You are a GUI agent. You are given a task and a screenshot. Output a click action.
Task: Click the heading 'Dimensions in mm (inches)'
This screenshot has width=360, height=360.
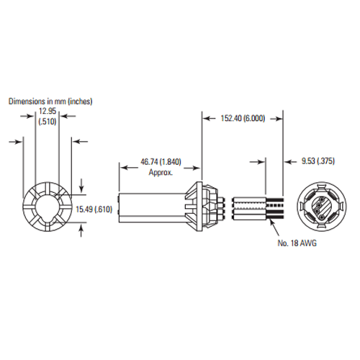pyautogui.click(x=50, y=102)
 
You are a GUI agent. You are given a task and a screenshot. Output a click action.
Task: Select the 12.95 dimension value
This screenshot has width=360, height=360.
pyautogui.click(x=48, y=111)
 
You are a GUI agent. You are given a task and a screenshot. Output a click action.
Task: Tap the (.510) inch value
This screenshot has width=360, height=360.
pyautogui.click(x=48, y=122)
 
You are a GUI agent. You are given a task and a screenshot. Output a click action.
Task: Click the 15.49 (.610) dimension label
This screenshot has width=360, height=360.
pyautogui.click(x=94, y=210)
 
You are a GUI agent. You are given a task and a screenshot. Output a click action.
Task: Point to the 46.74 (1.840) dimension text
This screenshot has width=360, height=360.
pyautogui.click(x=161, y=162)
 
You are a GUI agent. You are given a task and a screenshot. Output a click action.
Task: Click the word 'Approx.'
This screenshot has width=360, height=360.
pyautogui.click(x=161, y=172)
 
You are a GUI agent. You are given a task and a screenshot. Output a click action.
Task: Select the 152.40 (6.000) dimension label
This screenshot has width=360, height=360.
pyautogui.click(x=243, y=118)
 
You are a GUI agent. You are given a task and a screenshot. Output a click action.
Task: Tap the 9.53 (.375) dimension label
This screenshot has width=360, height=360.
pyautogui.click(x=318, y=161)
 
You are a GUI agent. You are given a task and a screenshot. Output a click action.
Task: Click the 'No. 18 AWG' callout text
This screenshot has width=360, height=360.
pyautogui.click(x=297, y=243)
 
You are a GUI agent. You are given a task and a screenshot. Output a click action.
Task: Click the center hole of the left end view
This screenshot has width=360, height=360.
pyautogui.click(x=48, y=208)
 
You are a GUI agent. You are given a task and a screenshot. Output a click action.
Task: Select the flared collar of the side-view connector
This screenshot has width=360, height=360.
pyautogui.click(x=201, y=207)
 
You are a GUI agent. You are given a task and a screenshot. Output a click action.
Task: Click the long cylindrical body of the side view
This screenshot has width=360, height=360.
pyautogui.click(x=153, y=208)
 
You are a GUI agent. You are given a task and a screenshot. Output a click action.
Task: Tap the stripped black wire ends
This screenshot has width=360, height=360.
pyautogui.click(x=275, y=208)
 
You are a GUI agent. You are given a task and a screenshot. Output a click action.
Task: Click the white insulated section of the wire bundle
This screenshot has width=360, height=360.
pyautogui.click(x=249, y=208)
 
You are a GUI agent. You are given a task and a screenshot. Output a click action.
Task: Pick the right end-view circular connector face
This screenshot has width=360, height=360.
pyautogui.click(x=322, y=208)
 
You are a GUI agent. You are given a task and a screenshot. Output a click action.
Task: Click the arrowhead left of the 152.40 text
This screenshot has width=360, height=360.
pyautogui.click(x=207, y=118)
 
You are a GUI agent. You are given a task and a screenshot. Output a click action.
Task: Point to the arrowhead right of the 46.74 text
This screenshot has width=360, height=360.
pyautogui.click(x=196, y=168)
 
